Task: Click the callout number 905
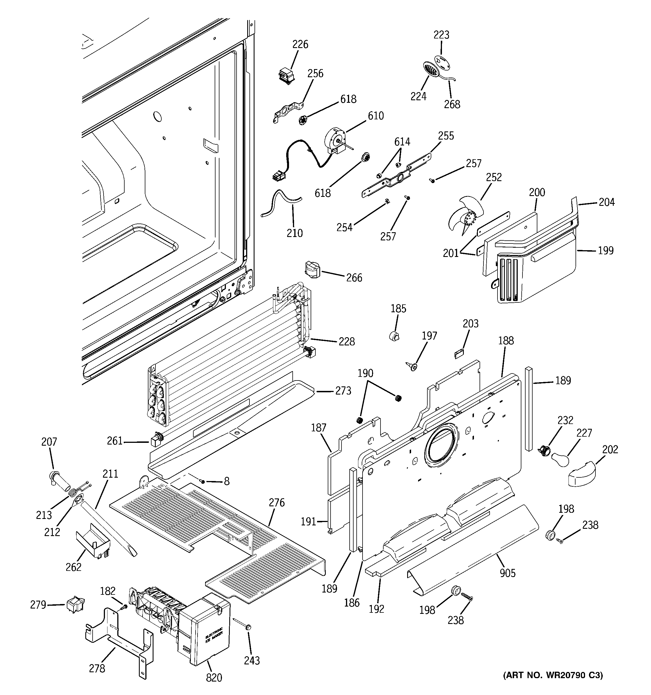click(x=507, y=573)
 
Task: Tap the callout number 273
click(x=343, y=391)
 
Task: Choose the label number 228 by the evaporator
click(x=346, y=341)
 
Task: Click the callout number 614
click(x=402, y=142)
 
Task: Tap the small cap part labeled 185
click(x=395, y=336)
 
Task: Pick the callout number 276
click(x=276, y=503)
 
